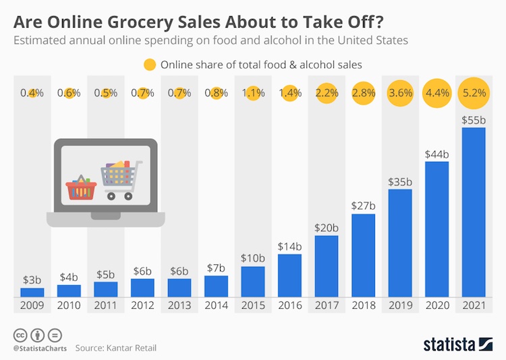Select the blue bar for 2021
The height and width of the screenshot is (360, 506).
point(473,212)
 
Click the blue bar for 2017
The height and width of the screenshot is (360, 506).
point(327,266)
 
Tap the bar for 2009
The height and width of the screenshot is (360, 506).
point(32,292)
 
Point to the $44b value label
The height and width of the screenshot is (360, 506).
point(437,154)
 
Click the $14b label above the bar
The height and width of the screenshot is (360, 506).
point(289,246)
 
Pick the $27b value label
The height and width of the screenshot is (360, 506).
point(363,206)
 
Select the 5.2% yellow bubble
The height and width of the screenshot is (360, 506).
point(473,94)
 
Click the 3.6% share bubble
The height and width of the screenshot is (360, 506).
point(400,94)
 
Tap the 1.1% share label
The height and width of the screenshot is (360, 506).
point(253,94)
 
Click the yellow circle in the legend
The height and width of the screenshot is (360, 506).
point(149,65)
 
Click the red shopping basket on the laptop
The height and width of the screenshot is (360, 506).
point(80,188)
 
